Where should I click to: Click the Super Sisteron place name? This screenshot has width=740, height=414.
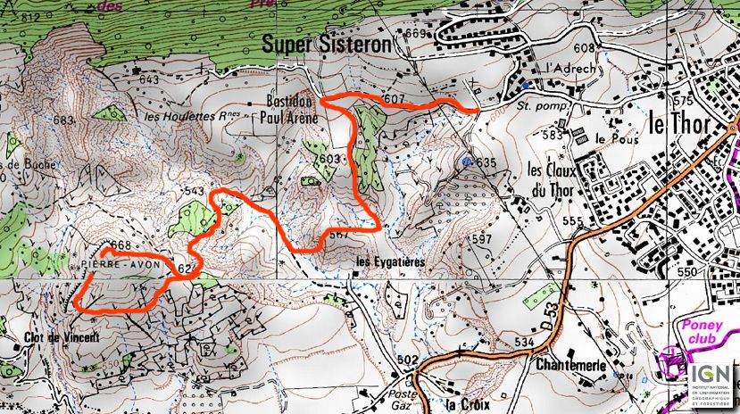[327, 43]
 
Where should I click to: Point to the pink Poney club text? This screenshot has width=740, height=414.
[705, 332]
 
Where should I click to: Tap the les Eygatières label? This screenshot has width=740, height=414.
[388, 262]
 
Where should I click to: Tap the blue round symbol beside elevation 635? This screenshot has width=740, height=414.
[469, 161]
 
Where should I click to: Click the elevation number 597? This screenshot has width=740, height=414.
[481, 240]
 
